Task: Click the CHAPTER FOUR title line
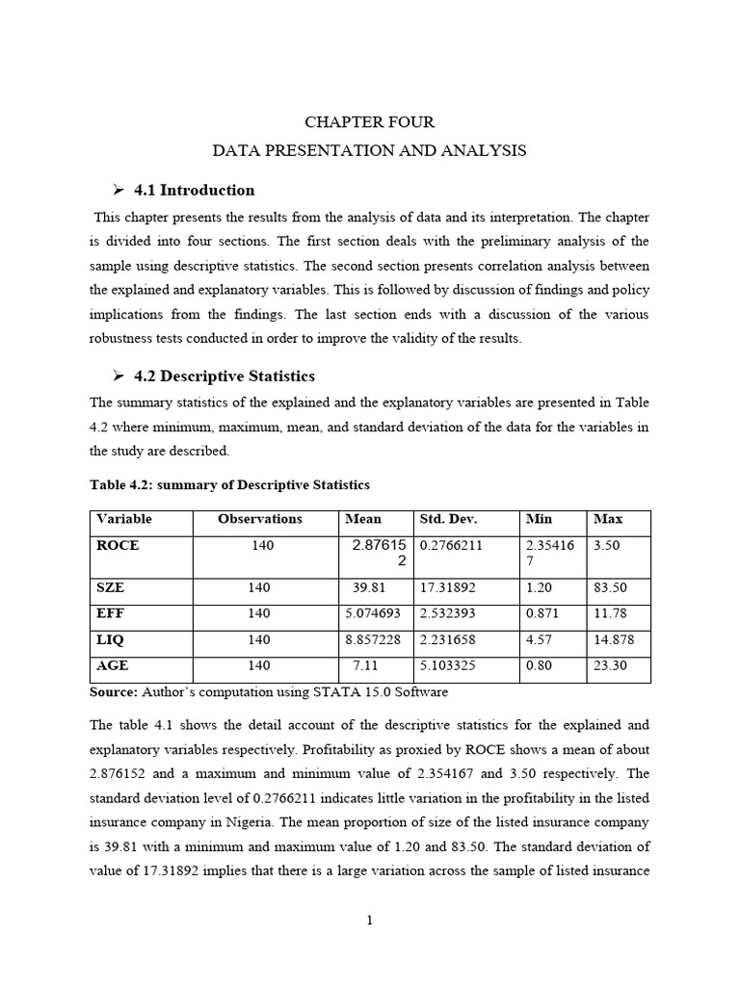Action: tap(369, 122)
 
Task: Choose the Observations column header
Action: tap(259, 519)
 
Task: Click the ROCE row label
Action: tap(118, 545)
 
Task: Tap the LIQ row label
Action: tap(112, 639)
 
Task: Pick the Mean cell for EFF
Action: tap(377, 613)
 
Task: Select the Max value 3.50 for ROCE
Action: tap(607, 545)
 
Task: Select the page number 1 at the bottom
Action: tap(369, 921)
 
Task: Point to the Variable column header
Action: tap(124, 519)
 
